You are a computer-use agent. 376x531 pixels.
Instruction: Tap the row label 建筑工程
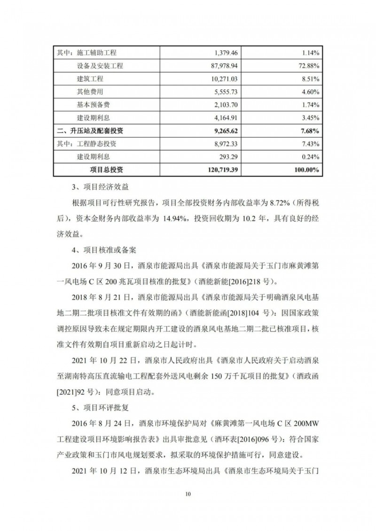tap(89, 79)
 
